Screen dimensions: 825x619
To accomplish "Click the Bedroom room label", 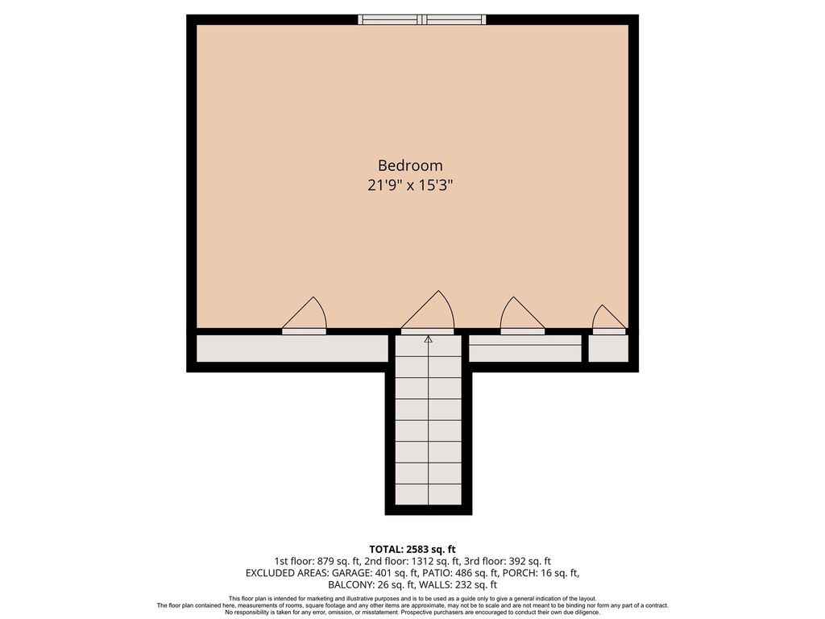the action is (410, 165).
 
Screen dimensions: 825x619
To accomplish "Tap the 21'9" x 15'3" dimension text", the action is (410, 185).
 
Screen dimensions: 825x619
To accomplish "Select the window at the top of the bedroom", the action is (422, 19).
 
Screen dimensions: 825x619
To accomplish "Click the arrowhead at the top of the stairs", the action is (429, 339).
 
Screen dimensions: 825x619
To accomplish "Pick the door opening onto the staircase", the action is (428, 313).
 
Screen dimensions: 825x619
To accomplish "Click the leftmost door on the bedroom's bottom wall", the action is (304, 316).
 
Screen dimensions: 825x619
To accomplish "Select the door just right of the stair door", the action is (522, 316).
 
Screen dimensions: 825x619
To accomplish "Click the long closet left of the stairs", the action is (292, 348).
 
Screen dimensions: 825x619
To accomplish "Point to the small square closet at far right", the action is (608, 348).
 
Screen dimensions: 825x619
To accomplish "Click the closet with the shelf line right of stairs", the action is (525, 348).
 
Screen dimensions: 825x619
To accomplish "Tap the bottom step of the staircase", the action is (429, 494).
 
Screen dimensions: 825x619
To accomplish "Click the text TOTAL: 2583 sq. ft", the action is (412, 550).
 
